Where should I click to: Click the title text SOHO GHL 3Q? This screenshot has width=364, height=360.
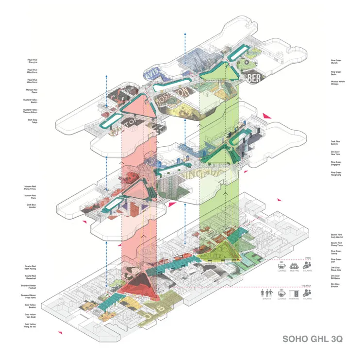pos(312,339)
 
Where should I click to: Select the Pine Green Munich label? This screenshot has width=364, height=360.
pos(335,62)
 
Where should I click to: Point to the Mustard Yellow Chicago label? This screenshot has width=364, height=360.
pos(335,83)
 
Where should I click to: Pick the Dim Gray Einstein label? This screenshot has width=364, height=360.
pos(335,285)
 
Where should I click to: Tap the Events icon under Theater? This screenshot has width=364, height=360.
pos(267,294)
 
